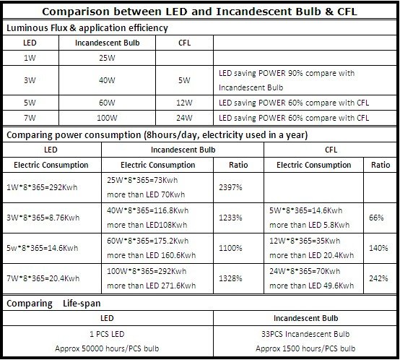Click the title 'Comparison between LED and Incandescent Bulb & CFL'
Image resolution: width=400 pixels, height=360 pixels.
pos(199,12)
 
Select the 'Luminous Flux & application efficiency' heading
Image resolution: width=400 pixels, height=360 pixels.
pos(87,27)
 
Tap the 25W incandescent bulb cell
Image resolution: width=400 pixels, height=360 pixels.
pos(107,58)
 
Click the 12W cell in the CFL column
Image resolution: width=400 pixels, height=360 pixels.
pos(184,103)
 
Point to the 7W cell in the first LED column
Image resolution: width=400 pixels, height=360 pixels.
pos(30,118)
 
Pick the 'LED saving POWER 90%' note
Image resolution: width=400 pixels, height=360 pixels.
pos(287,80)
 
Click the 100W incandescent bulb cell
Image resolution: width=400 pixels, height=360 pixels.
pos(107,118)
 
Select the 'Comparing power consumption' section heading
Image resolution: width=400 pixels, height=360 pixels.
pos(157,134)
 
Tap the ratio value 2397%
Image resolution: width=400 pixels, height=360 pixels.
pos(230,187)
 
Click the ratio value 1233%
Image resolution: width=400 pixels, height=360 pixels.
pos(230,218)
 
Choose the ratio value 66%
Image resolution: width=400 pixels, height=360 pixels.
pos(376,218)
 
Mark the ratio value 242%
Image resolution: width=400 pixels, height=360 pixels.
pos(378,278)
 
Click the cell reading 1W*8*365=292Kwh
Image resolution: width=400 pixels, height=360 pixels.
pos(42,187)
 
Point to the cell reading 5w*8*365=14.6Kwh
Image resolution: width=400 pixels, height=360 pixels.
pos(43,248)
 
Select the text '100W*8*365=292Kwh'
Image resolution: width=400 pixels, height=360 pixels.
pos(147,271)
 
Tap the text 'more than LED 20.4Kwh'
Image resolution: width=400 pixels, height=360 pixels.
pos(311,255)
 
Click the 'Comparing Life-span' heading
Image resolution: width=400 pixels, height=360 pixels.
pos(53,304)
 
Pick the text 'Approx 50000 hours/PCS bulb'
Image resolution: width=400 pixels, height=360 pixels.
pos(107,348)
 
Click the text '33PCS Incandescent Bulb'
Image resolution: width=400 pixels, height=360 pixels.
pos(305,334)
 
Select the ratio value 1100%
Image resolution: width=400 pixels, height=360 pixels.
pos(230,248)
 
